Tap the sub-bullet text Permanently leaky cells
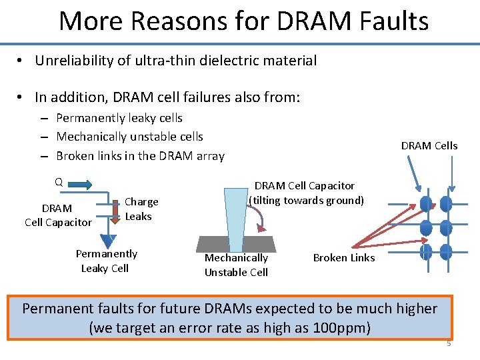[119, 118]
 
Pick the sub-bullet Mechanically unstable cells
[129, 137]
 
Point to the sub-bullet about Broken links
[140, 156]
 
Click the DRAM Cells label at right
[429, 145]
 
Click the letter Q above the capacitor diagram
[59, 182]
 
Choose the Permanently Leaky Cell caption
[106, 261]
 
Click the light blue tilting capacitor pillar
[235, 211]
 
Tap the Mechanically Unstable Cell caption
[236, 265]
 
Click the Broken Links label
[344, 258]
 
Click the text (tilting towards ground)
[306, 200]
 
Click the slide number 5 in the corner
[449, 344]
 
